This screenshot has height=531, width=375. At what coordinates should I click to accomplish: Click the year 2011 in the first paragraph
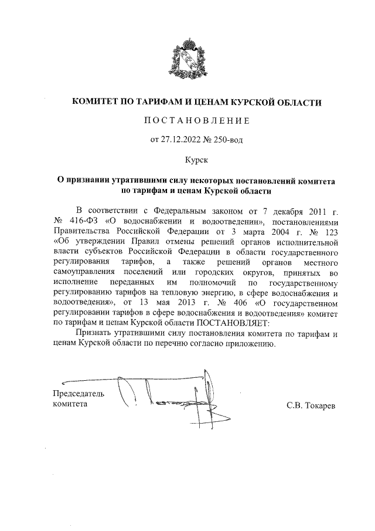coord(312,211)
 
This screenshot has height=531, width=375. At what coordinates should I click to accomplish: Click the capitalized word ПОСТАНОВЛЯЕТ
coord(234,323)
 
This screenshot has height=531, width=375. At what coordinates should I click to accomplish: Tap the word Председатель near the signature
coord(79,393)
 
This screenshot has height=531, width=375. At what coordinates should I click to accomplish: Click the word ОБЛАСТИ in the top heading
coord(299,103)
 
